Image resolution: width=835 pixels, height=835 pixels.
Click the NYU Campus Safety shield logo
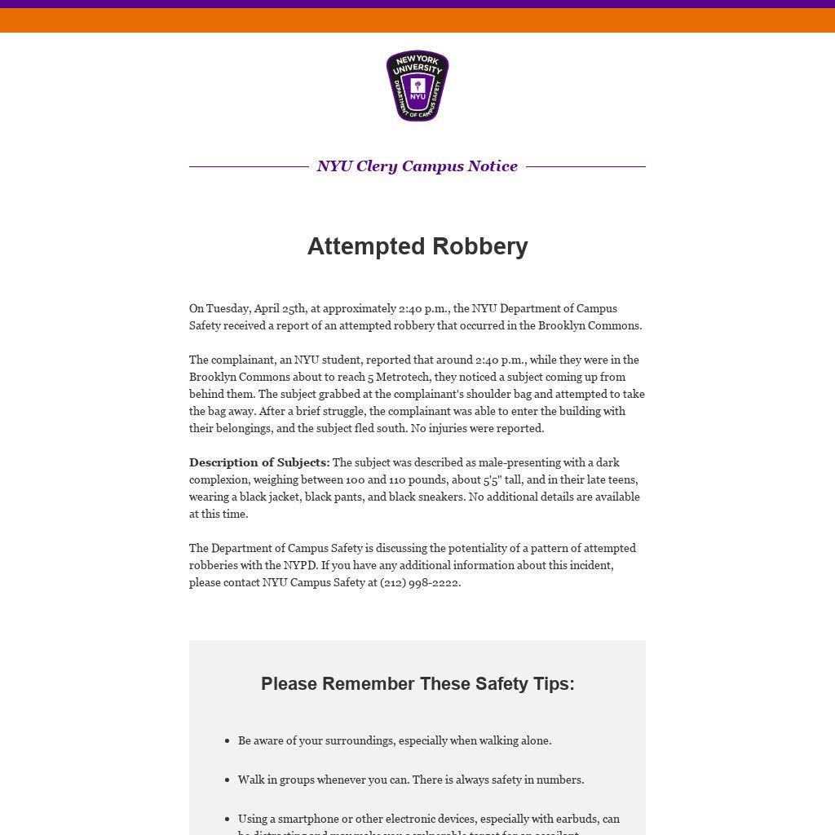(x=417, y=86)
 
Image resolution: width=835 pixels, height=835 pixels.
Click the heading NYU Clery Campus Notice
(x=417, y=166)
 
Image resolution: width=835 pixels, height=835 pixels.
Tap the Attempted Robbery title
(x=417, y=246)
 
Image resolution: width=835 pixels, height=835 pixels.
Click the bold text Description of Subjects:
(x=259, y=462)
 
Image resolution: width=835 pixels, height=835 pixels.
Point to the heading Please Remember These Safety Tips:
(x=417, y=683)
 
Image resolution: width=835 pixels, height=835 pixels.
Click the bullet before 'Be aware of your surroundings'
(x=227, y=741)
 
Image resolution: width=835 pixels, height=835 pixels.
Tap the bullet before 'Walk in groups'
(x=227, y=780)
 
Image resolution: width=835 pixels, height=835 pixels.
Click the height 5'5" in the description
(x=492, y=479)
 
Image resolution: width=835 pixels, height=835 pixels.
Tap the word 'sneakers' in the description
(x=441, y=497)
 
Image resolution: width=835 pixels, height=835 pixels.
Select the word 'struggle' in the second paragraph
(x=342, y=411)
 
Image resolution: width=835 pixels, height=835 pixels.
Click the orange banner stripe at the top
(x=417, y=20)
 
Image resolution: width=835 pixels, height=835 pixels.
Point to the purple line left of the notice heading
(x=249, y=166)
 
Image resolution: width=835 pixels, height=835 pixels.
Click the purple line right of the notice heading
(x=585, y=166)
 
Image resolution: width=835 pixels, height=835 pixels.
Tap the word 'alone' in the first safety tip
(x=534, y=740)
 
